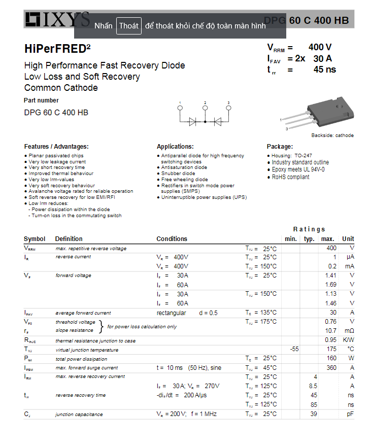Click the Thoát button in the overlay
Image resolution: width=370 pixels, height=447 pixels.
click(129, 26)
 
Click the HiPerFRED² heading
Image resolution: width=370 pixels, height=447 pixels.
click(57, 49)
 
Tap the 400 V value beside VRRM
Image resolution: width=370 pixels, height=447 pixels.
click(320, 47)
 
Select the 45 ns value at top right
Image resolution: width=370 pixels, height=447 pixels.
click(324, 70)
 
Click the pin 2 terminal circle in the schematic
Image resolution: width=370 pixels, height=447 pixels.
click(205, 108)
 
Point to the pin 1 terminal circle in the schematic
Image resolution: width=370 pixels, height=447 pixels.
click(180, 108)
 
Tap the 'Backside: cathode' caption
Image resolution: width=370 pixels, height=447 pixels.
click(332, 135)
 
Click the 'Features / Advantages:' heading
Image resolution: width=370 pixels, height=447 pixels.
click(56, 147)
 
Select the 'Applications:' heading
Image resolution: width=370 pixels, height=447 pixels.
click(175, 147)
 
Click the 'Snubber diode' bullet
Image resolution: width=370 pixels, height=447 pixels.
click(178, 174)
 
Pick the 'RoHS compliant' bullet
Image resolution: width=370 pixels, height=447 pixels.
click(290, 177)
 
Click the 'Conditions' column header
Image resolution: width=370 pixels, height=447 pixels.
click(172, 239)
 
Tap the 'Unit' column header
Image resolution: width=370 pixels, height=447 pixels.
click(348, 239)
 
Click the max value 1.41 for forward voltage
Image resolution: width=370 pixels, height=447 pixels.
click(330, 276)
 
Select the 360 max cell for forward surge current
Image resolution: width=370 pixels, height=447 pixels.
click(331, 368)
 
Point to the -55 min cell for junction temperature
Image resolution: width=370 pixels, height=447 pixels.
click(294, 349)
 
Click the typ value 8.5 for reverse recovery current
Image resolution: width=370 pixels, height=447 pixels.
click(313, 386)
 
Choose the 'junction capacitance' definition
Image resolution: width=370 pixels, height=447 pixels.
click(79, 415)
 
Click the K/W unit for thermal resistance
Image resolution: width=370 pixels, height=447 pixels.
click(348, 340)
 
